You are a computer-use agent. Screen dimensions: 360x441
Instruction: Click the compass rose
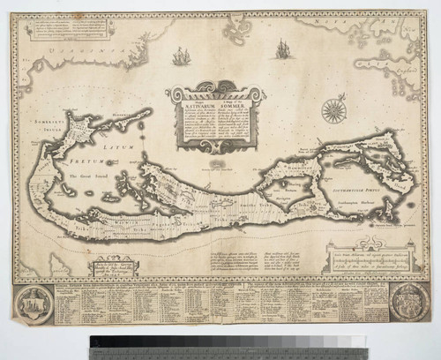point(333,109)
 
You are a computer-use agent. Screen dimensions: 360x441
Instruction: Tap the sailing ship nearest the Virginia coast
point(182,56)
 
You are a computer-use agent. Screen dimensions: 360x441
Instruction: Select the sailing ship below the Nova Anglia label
point(282,49)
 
